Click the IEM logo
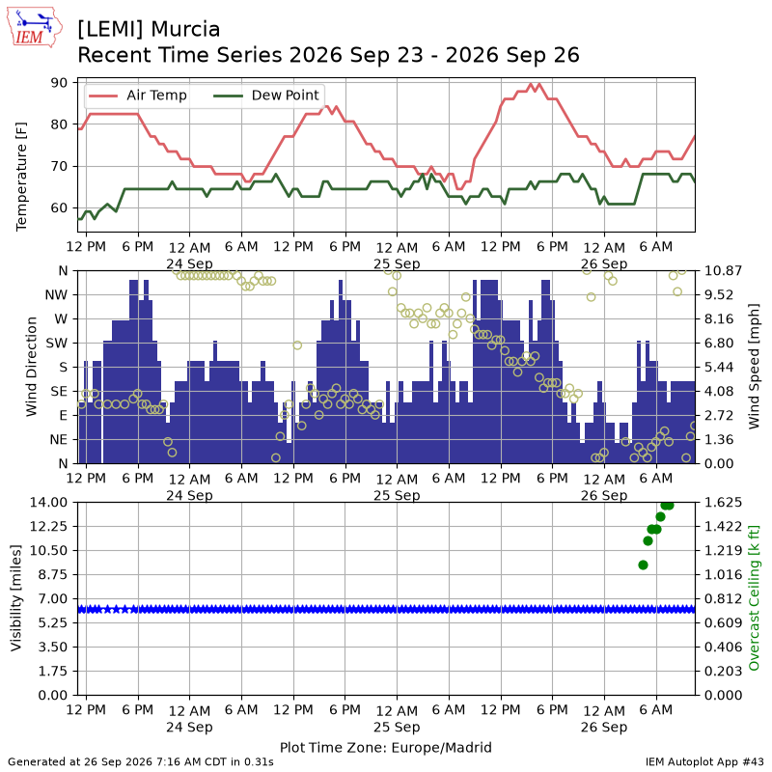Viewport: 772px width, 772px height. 35,28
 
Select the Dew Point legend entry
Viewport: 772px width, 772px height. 266,95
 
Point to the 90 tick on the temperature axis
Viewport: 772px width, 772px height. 59,83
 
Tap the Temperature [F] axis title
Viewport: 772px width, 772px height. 21,177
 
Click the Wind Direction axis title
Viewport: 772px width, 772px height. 32,367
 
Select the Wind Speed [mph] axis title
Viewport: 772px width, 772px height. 754,367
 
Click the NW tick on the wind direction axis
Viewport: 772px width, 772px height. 56,295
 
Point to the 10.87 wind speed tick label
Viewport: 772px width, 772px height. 723,271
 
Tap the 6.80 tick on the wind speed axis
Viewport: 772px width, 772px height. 719,344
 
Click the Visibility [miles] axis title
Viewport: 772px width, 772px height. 16,598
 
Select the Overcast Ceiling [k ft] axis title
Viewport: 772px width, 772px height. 754,598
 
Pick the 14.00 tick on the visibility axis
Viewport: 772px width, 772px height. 48,503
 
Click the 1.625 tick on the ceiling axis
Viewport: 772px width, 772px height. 723,503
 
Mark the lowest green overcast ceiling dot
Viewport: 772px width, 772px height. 643,565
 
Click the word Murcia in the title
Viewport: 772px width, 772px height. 185,30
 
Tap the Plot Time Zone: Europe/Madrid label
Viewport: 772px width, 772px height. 386,747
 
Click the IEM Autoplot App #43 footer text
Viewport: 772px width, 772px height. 704,761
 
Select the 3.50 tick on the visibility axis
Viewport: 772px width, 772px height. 53,647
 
